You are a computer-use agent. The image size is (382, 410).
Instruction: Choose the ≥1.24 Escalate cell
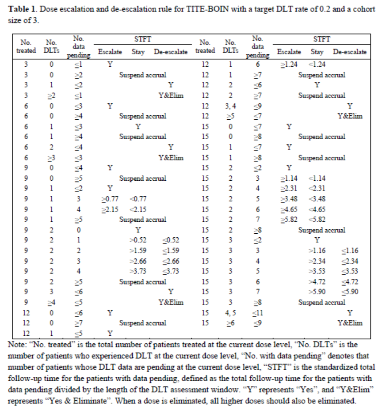(289, 65)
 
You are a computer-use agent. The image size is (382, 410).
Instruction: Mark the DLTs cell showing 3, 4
(230, 106)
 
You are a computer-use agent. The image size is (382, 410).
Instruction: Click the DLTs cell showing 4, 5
(230, 313)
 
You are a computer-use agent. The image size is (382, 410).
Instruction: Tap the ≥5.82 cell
(289, 219)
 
